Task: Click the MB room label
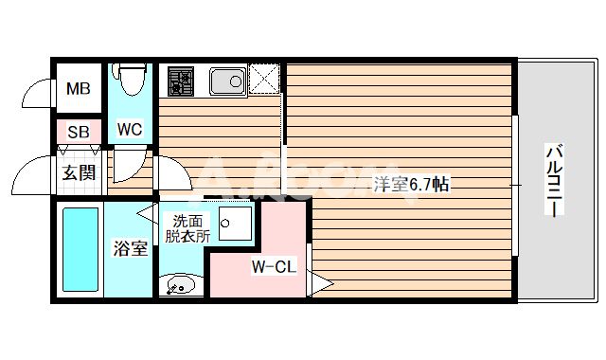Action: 78,90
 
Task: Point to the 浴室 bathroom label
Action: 130,250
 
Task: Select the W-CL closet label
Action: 275,267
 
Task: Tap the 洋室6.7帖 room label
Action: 410,185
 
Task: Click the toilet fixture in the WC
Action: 130,81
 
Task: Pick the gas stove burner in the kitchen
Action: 179,82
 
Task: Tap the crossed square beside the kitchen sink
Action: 264,81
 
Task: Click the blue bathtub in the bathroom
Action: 80,249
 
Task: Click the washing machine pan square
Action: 233,224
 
